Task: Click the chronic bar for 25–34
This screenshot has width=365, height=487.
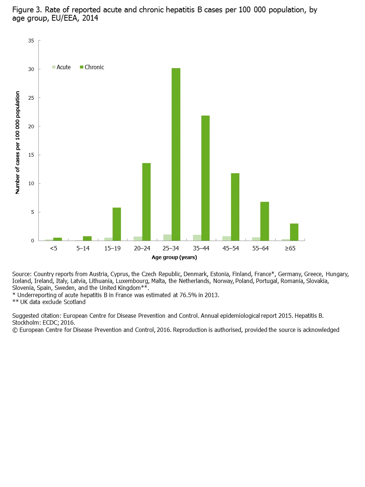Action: [176, 154]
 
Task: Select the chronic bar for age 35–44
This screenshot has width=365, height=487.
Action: [205, 178]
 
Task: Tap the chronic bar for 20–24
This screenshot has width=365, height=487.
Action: [146, 202]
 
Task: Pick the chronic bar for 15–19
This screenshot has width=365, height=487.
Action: [117, 224]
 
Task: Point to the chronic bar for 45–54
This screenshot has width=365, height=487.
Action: [235, 207]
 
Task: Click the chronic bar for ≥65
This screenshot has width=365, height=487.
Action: [294, 232]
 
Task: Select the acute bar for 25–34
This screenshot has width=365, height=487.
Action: [167, 238]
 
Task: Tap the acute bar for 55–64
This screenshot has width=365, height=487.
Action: [256, 239]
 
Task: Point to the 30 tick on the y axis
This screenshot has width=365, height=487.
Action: [31, 69]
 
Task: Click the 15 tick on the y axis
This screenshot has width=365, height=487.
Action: [31, 155]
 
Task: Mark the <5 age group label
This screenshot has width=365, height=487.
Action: [54, 249]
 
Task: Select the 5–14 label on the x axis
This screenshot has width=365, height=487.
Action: [83, 249]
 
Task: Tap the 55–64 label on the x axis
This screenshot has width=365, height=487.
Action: [260, 249]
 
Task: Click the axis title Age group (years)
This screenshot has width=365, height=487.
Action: [174, 258]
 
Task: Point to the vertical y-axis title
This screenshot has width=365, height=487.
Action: [18, 142]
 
